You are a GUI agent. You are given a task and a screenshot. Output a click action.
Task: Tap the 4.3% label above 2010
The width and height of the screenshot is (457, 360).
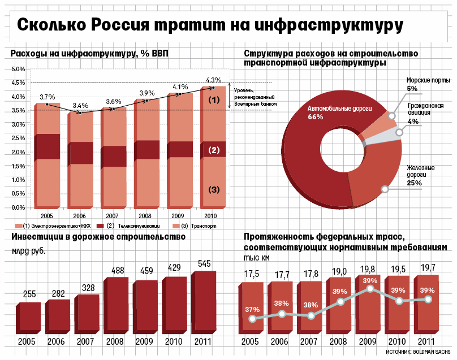coord(213,80)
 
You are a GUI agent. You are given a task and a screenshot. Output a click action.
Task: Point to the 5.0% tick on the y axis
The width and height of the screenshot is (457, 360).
coord(18,69)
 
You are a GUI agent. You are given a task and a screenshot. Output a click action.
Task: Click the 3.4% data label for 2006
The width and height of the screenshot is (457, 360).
coord(80,106)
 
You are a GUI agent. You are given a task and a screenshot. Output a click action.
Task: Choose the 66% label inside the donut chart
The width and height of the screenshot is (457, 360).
coord(315,117)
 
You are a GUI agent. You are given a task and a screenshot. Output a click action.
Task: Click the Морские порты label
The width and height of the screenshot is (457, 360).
coord(428,80)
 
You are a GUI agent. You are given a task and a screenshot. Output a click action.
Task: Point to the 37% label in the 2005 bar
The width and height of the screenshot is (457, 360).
coord(252,309)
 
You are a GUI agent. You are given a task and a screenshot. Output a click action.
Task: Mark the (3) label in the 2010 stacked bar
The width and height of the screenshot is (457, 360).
coord(213,189)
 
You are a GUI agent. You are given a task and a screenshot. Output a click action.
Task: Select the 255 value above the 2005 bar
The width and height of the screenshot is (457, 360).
coord(29,294)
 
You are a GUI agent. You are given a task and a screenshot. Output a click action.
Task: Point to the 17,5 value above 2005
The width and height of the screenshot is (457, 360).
coord(252,274)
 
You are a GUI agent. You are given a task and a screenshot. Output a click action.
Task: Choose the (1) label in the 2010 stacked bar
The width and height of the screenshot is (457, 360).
coord(213,99)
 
